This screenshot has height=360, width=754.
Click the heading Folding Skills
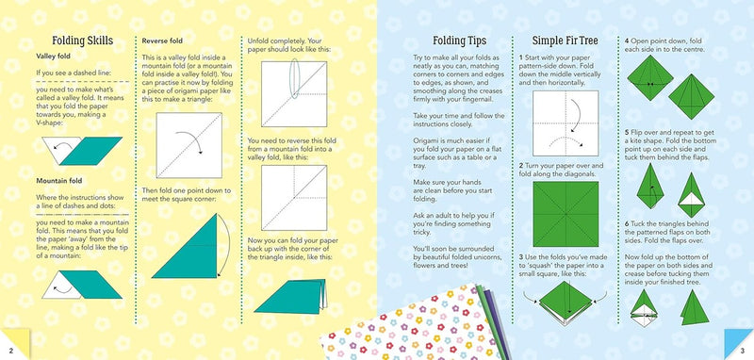click(x=82, y=41)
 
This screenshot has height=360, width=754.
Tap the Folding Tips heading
click(x=459, y=41)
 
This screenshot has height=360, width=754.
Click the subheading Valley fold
click(x=53, y=57)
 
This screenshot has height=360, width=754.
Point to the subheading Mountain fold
click(x=59, y=181)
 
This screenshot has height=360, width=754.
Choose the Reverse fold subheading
click(x=161, y=41)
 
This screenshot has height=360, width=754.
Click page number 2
click(x=11, y=351)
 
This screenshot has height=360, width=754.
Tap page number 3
click(x=743, y=351)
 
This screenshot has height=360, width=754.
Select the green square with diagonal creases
click(x=565, y=214)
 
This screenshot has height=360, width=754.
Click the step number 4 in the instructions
click(x=627, y=41)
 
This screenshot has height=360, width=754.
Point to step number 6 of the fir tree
click(x=627, y=224)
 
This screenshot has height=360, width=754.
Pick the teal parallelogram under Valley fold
click(x=91, y=151)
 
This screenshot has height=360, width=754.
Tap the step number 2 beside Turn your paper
click(x=521, y=166)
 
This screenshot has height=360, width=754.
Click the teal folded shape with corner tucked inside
click(x=290, y=297)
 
